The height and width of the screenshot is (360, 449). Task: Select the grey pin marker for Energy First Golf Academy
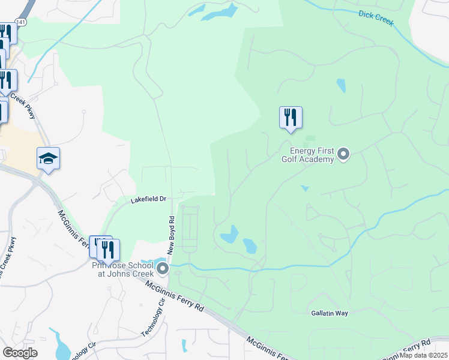coord(343,155)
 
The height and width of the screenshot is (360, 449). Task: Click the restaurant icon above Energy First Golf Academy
coord(291,117)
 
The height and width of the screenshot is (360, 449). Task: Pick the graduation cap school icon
coord(48,159)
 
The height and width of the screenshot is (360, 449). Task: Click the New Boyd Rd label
coord(170,235)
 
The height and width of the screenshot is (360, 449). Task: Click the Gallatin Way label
coord(330,313)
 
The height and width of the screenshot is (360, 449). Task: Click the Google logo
coord(20,353)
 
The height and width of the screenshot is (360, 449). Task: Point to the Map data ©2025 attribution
coord(424,355)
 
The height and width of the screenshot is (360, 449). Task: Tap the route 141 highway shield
coord(21,21)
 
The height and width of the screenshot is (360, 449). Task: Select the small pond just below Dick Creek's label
coord(341,86)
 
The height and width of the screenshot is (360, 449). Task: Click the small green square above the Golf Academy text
coord(310,138)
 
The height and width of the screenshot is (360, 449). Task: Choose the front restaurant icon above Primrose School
coord(108,250)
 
